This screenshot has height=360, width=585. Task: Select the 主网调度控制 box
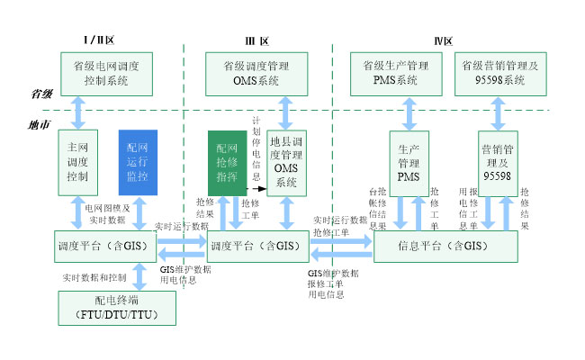click(77, 162)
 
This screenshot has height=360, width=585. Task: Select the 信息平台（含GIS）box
click(445, 246)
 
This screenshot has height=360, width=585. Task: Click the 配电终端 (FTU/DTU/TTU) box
click(117, 309)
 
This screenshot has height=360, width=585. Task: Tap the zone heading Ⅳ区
click(442, 40)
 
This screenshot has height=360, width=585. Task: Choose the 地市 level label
click(40, 124)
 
